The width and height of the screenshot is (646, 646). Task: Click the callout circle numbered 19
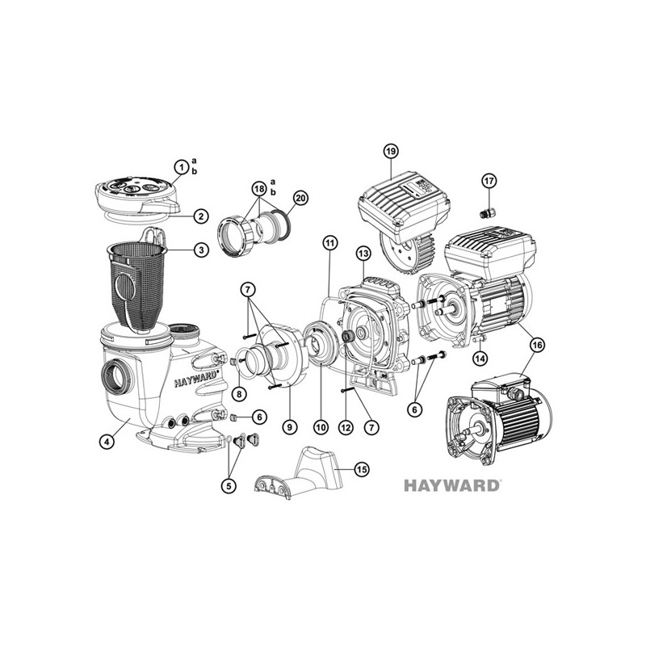pos(391,151)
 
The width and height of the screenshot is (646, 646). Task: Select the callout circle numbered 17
pos(489,180)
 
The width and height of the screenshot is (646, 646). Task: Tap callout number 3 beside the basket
pos(201,250)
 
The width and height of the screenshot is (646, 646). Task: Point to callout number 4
pos(107,442)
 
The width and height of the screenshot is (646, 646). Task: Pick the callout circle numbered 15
pos(361,470)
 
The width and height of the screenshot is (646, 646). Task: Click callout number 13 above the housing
pos(363,254)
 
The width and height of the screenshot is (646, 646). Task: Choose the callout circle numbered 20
pos(300,198)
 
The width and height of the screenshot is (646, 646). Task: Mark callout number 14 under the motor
pos(480,358)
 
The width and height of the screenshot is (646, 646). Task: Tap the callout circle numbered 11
pos(329,243)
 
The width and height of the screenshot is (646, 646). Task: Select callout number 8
pos(239,394)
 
